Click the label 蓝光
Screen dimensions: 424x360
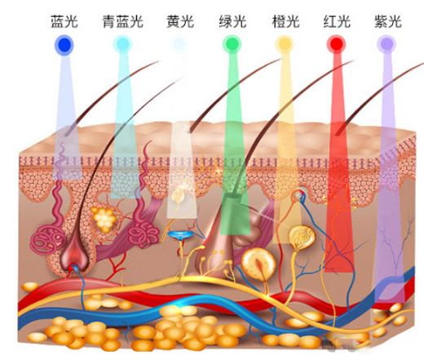click(x=64, y=21)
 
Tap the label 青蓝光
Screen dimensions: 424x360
click(x=122, y=21)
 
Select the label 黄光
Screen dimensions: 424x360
click(x=180, y=21)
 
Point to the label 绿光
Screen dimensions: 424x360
click(x=232, y=21)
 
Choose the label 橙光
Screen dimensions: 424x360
click(x=285, y=21)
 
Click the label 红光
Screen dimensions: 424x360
click(x=337, y=21)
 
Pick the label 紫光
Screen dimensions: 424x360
click(x=388, y=21)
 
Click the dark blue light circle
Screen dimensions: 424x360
click(x=64, y=44)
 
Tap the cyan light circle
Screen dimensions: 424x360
click(x=122, y=44)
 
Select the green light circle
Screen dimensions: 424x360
click(x=232, y=44)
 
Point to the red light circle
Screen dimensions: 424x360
click(x=336, y=44)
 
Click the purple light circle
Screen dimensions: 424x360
click(x=386, y=44)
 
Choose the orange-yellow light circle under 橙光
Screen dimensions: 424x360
click(x=285, y=44)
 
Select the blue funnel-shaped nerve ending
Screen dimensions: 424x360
click(x=180, y=235)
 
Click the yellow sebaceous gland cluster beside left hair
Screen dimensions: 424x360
click(x=104, y=217)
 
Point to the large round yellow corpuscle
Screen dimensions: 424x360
click(x=258, y=264)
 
